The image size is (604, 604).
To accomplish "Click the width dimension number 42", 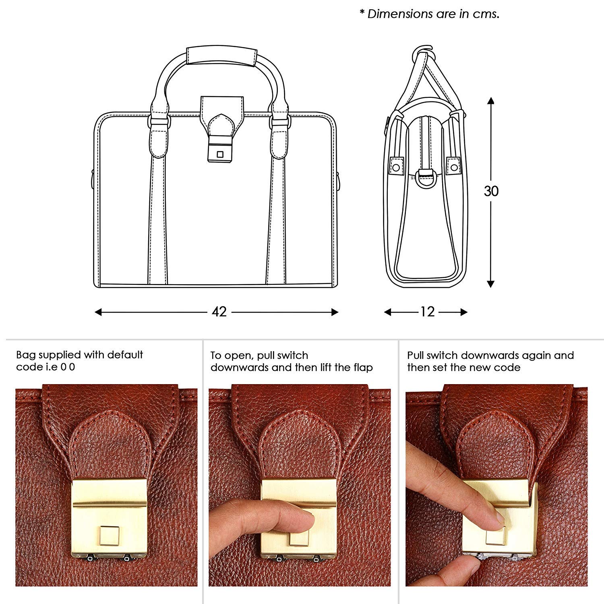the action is [219, 312].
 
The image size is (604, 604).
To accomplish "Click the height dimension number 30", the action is [491, 191].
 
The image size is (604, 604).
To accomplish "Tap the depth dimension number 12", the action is [427, 312].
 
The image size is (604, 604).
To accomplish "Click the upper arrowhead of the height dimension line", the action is [490, 100].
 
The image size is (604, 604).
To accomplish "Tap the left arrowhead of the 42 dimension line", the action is [98, 312].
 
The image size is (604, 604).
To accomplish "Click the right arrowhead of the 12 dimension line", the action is [463, 312].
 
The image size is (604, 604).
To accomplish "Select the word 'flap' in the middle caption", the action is [363, 368].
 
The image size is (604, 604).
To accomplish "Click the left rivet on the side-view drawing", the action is [396, 166].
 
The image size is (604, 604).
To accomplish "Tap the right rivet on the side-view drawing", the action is [454, 166].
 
